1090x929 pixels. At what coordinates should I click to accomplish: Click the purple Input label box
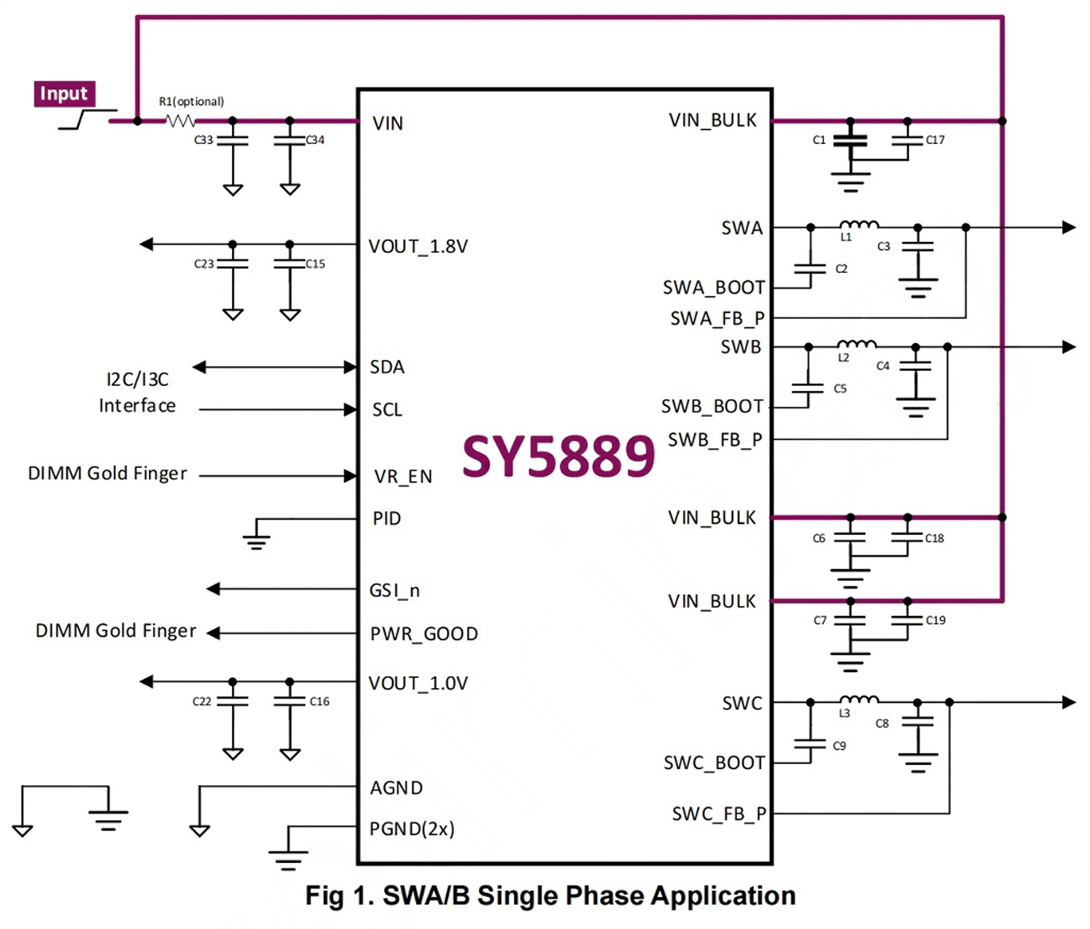tap(64, 94)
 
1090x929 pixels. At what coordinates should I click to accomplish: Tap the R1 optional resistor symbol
tap(180, 121)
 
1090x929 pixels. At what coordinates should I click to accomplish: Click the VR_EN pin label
tap(403, 476)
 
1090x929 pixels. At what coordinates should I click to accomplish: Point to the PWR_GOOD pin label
tap(424, 634)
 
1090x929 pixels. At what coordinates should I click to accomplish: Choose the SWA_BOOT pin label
tap(713, 288)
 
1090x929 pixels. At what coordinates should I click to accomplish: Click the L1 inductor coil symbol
tap(859, 224)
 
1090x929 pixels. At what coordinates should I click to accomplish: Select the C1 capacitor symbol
tap(850, 141)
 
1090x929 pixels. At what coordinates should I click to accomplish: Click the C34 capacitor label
tap(315, 141)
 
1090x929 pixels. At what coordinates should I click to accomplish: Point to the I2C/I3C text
tap(137, 380)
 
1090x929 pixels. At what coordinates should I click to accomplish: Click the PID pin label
tap(387, 519)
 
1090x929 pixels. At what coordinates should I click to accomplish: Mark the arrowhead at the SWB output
tap(1069, 347)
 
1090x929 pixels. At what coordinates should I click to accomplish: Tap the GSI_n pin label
tap(394, 591)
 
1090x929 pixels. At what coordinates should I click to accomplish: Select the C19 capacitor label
tap(935, 620)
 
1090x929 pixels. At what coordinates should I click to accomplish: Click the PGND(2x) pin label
tap(412, 829)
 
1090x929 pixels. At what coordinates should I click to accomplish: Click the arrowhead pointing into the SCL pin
tap(350, 409)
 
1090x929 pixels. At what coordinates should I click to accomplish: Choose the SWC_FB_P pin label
tap(719, 814)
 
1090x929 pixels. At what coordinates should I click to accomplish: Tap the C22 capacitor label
tap(202, 701)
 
